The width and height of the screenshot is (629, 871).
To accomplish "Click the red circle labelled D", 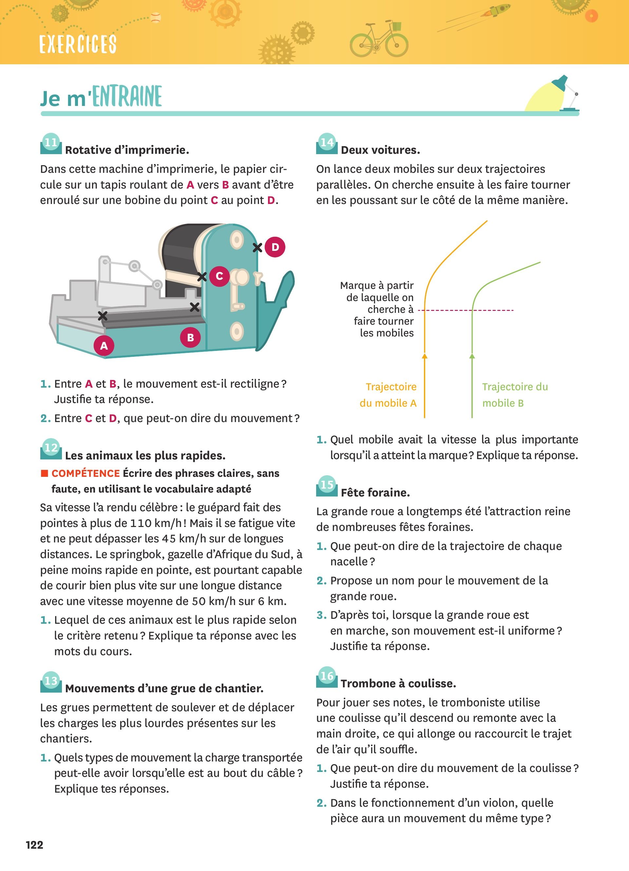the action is coord(275,247).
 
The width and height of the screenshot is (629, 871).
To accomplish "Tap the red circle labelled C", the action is coord(219,276).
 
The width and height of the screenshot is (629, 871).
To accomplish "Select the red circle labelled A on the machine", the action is coord(104,346).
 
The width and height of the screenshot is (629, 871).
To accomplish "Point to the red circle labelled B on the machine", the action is coord(190,337).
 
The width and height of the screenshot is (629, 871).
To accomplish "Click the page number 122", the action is coord(34,844).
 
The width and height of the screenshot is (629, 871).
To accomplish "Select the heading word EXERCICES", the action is coord(78,44).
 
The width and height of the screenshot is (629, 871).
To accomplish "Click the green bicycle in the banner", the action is coord(379,38).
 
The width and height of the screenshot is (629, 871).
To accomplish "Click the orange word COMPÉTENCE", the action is coord(86,473).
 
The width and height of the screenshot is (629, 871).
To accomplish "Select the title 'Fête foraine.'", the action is coord(375,492).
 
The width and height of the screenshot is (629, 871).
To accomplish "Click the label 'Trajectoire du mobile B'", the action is coord(515,395).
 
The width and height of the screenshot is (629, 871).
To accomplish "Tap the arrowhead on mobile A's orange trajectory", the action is coord(425,356).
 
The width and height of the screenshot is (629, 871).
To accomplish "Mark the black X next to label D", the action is coord(257,248).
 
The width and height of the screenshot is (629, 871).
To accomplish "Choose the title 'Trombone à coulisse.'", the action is coord(398,684).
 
